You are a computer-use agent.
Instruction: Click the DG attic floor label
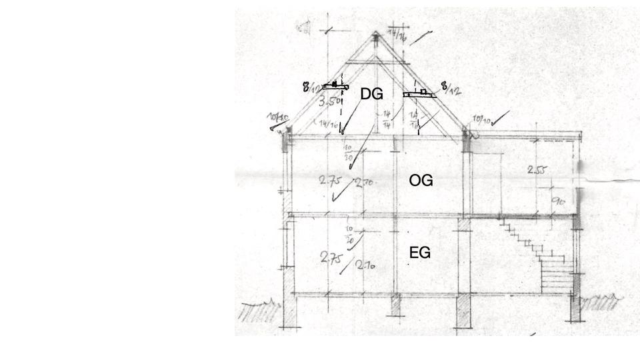click(x=371, y=94)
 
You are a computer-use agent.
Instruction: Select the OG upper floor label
click(x=421, y=180)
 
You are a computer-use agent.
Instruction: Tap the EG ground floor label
click(x=419, y=253)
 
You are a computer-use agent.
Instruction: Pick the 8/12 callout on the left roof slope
click(x=311, y=87)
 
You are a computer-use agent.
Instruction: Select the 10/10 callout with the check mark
click(x=482, y=120)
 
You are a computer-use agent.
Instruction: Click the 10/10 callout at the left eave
click(x=279, y=119)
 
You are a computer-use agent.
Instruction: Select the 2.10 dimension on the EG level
click(x=365, y=264)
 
